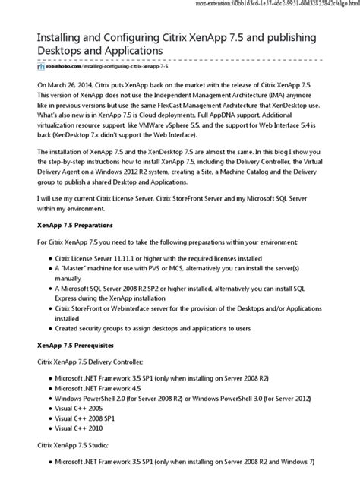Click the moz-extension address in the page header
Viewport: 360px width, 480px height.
point(274,5)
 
